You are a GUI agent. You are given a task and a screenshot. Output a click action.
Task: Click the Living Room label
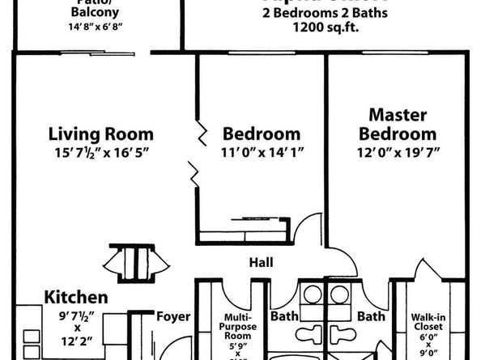[100, 134]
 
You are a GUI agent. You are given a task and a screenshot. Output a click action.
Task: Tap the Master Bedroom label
[398, 125]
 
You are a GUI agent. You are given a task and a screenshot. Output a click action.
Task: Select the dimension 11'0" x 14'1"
[262, 151]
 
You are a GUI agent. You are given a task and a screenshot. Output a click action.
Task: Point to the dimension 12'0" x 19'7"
[398, 151]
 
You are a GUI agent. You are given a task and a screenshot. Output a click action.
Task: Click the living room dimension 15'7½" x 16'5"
[100, 151]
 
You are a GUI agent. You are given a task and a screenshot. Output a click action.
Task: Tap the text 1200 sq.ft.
[325, 27]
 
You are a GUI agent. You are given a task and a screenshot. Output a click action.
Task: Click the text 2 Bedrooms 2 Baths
[325, 12]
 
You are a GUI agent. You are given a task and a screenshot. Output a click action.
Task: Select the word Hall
[261, 262]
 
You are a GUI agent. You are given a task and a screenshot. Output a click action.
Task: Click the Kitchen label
[75, 296]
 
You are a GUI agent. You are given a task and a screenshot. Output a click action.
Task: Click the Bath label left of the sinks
[284, 316]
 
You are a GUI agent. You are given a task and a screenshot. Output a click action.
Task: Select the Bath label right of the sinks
[371, 316]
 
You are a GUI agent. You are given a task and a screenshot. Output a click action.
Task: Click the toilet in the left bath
[312, 333]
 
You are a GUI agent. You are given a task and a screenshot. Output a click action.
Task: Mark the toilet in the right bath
[343, 333]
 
